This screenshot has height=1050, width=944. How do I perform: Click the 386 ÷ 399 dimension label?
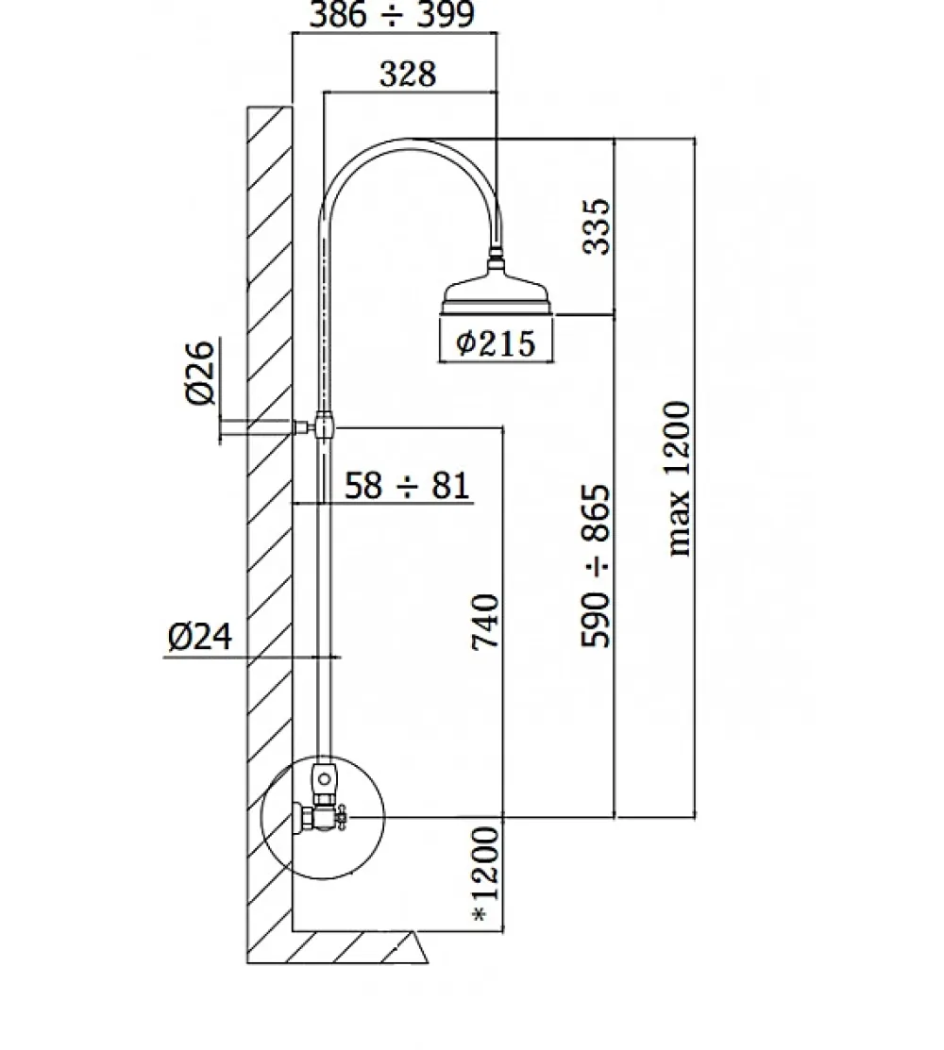pyautogui.click(x=392, y=15)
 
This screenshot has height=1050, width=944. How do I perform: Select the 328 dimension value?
pyautogui.click(x=408, y=74)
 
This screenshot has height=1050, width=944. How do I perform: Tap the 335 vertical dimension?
pyautogui.click(x=597, y=226)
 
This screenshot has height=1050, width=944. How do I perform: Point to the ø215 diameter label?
pyautogui.click(x=496, y=342)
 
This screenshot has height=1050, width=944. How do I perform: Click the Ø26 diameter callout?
pyautogui.click(x=200, y=373)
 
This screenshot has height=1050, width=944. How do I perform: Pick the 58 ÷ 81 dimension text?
pyautogui.click(x=407, y=485)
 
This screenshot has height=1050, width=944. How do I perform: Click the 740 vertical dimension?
pyautogui.click(x=486, y=621)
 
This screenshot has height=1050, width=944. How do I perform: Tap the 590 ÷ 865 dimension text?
pyautogui.click(x=596, y=566)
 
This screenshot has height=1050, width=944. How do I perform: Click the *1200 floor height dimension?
pyautogui.click(x=486, y=874)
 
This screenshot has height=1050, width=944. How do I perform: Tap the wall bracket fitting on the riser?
pyautogui.click(x=325, y=425)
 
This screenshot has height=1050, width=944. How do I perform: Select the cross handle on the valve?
pyautogui.click(x=343, y=817)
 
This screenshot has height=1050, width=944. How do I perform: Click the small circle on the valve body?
pyautogui.click(x=325, y=779)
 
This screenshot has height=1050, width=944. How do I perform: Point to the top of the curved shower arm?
pyautogui.click(x=409, y=140)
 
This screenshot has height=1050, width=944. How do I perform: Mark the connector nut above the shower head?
pyautogui.click(x=497, y=255)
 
